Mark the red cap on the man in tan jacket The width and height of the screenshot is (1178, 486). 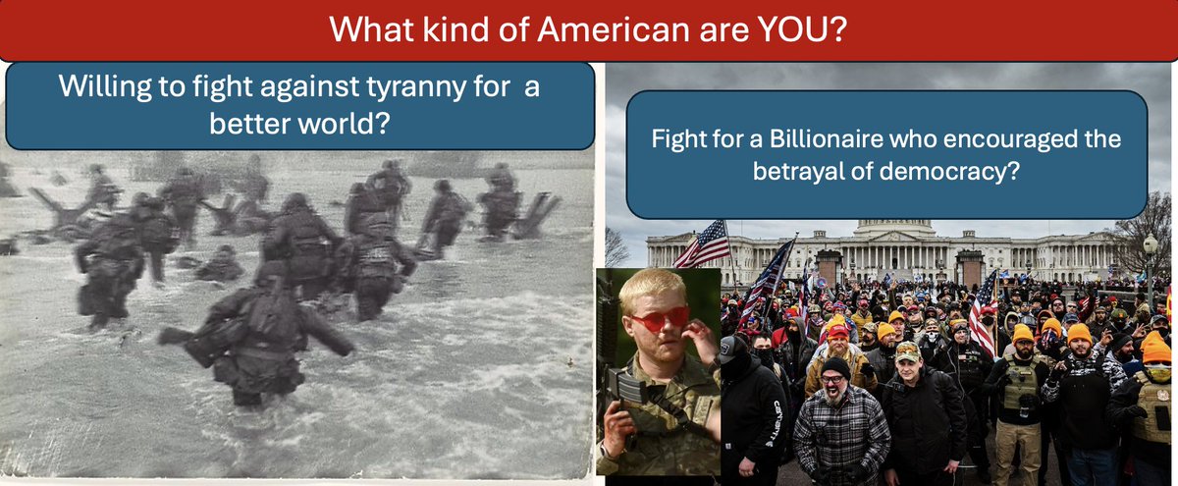[837, 332]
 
